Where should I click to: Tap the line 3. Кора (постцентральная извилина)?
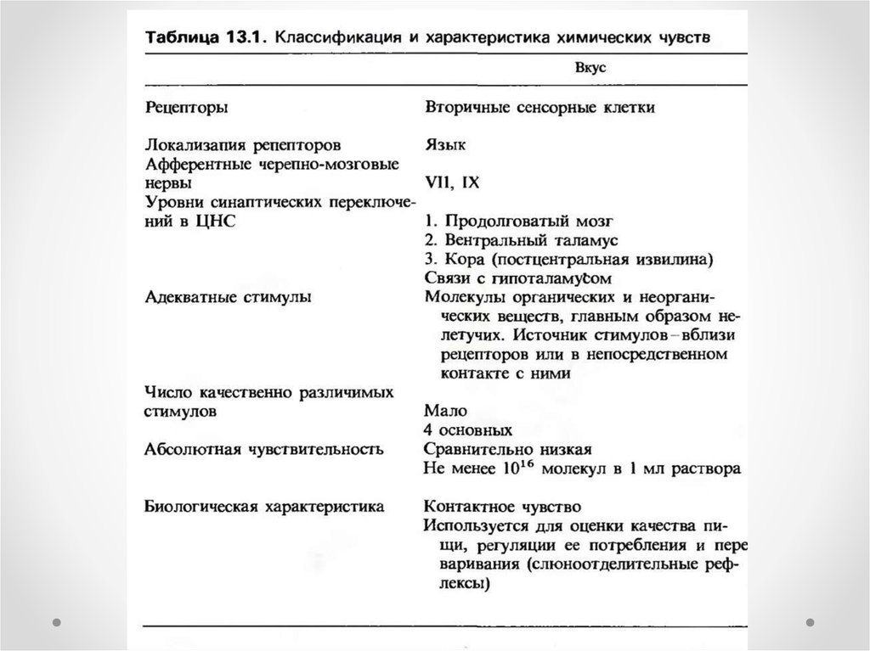tap(562, 259)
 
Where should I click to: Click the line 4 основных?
tap(467, 429)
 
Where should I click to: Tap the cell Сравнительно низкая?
tap(506, 448)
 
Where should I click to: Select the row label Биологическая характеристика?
tap(264, 506)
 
